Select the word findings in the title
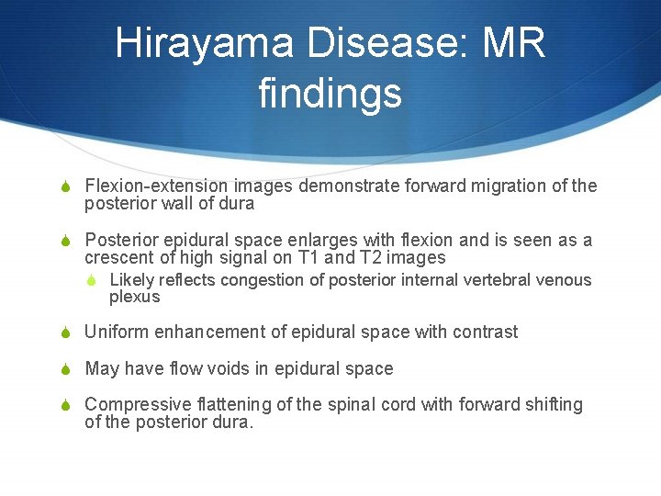(x=330, y=93)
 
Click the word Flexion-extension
(x=143, y=186)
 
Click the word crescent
(x=118, y=258)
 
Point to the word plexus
(x=134, y=297)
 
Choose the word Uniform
(x=115, y=332)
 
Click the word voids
(x=245, y=368)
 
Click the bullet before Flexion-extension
(x=66, y=186)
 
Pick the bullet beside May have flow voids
(x=66, y=369)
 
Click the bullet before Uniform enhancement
(x=66, y=333)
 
